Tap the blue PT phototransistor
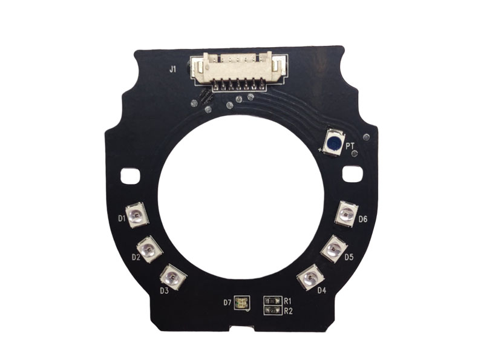tap(333, 142)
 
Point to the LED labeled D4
tap(310, 278)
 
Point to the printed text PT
tap(350, 146)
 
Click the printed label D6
tap(363, 219)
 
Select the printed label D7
tap(227, 302)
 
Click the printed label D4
tap(321, 290)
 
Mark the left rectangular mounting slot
tap(129, 176)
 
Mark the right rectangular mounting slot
tap(352, 174)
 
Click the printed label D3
tap(164, 290)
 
